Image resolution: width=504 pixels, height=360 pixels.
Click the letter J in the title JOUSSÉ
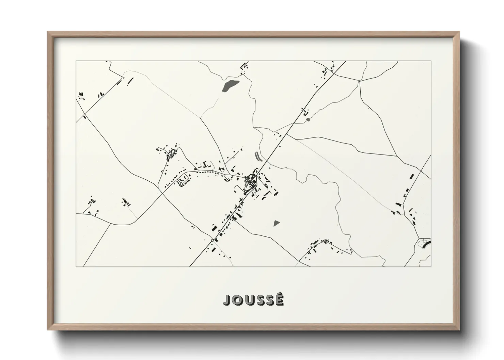click(227, 300)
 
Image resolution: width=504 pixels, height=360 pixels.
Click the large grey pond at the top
click(230, 85)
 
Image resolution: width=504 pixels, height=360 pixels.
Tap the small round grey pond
click(308, 119)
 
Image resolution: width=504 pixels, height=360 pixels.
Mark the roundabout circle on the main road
click(212, 240)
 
